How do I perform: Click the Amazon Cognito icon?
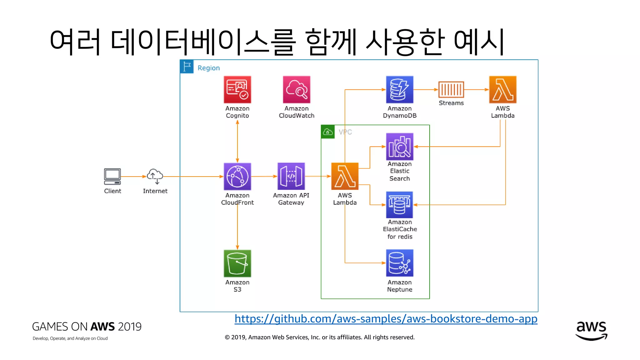click(x=237, y=90)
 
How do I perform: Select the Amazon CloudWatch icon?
click(x=297, y=90)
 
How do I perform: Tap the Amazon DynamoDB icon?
click(x=399, y=90)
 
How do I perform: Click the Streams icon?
click(x=451, y=90)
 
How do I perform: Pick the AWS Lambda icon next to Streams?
click(x=502, y=90)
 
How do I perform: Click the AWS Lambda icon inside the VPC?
click(x=345, y=176)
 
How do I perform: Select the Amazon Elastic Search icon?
click(x=399, y=147)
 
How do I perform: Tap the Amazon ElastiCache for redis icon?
click(x=399, y=205)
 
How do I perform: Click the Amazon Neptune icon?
click(x=399, y=263)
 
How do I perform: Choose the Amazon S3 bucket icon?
click(x=237, y=263)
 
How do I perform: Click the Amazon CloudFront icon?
click(x=237, y=176)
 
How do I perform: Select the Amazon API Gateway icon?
click(x=291, y=176)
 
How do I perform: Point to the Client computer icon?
click(x=112, y=177)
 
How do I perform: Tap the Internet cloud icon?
click(x=155, y=176)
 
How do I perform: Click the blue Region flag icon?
click(x=187, y=67)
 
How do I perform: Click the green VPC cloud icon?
click(x=328, y=132)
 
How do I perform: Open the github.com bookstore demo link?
click(x=386, y=319)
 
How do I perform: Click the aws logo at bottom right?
click(x=591, y=330)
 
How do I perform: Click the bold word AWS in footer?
click(x=102, y=327)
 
